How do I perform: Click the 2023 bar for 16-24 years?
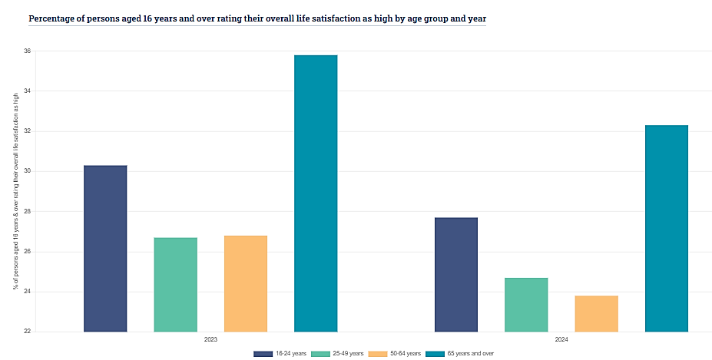point(105,249)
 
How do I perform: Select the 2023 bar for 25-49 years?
point(175,285)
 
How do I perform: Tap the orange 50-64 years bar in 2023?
point(246,284)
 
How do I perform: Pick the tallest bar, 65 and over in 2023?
point(316,193)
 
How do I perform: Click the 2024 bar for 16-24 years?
point(456,275)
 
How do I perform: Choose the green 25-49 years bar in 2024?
point(526,305)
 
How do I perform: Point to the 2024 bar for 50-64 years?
point(596,314)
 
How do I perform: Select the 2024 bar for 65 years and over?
point(667,229)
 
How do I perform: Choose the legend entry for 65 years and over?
point(465,353)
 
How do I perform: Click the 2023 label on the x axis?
point(210,339)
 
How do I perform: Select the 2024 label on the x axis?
point(561,339)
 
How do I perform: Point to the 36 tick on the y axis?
point(27,51)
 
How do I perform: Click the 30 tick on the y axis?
point(27,171)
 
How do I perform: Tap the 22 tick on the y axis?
point(27,332)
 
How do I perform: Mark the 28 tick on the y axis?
point(27,212)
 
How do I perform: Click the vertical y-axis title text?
point(15,191)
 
